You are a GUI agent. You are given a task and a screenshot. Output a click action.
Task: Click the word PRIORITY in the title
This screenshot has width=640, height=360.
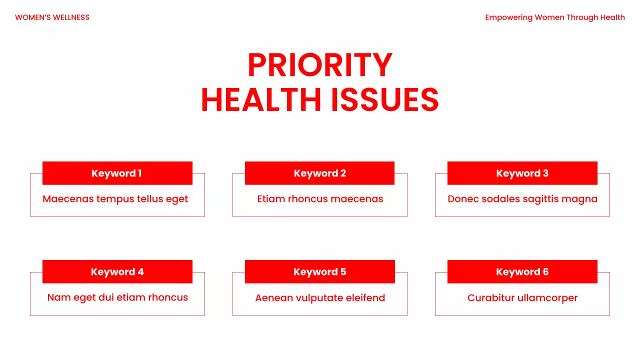[320, 65]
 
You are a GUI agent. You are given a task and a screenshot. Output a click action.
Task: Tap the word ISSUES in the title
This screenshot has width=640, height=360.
[384, 100]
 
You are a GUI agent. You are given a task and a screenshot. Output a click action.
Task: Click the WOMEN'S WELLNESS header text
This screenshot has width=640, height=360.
[52, 17]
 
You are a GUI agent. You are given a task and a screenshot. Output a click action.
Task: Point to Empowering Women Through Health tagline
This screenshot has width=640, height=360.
[555, 17]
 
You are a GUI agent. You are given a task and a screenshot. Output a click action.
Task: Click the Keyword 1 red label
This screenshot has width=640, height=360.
[117, 173]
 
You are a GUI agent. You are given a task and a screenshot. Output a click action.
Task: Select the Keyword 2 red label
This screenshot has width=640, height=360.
[320, 173]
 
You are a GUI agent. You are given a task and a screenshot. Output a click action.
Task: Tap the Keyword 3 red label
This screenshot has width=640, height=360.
[522, 173]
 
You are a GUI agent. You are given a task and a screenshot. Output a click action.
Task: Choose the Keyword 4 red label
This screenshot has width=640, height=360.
[117, 272]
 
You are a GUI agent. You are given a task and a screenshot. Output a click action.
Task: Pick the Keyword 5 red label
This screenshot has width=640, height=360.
[320, 272]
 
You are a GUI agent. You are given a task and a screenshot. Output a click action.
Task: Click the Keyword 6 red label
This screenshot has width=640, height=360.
[522, 272]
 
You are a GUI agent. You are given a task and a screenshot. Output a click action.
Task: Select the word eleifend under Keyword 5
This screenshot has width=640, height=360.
[365, 298]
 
